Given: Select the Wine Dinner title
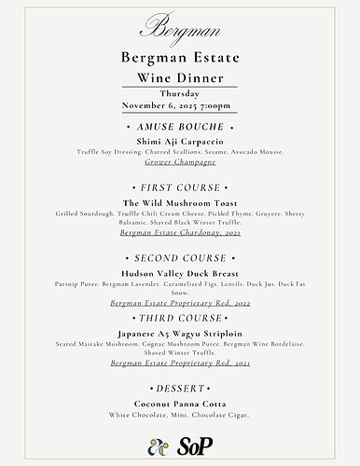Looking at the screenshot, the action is [x=180, y=79].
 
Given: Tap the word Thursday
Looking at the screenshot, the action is [x=179, y=94].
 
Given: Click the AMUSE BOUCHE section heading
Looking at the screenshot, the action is [x=180, y=125].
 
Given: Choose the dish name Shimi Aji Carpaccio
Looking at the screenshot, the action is [x=180, y=141].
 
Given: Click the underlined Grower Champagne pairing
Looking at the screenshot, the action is [x=180, y=162].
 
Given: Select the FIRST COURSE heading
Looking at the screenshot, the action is [x=180, y=188].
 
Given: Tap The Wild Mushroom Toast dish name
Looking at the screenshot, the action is [x=180, y=204].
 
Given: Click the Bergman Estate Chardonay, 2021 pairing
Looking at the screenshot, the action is [x=180, y=233].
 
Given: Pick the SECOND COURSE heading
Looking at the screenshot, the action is [x=180, y=258].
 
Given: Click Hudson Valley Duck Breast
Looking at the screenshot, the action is [x=180, y=273].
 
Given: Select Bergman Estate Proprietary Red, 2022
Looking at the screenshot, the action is [x=180, y=304].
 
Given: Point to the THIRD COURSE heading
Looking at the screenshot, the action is [x=180, y=318].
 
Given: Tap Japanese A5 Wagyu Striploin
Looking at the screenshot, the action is [x=180, y=333].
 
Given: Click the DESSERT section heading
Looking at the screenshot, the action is [x=180, y=388].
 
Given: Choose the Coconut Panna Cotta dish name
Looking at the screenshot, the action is [x=180, y=404].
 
